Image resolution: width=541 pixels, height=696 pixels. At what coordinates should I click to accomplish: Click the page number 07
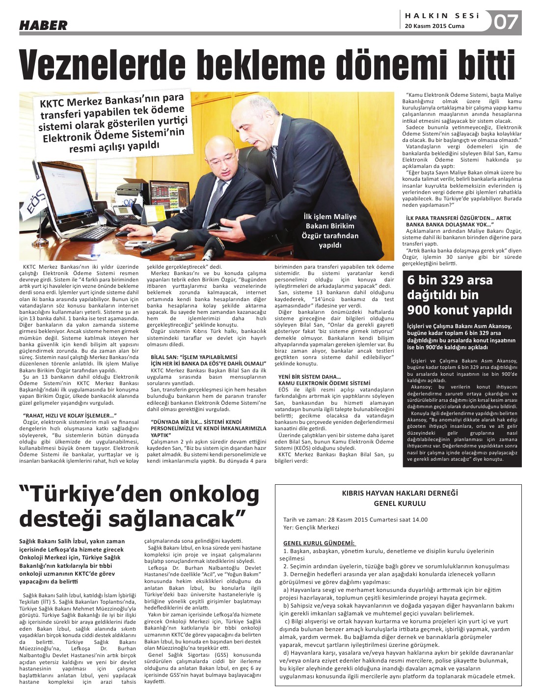click(x=506, y=22)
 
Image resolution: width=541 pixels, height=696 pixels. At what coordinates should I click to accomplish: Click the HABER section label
click(x=43, y=25)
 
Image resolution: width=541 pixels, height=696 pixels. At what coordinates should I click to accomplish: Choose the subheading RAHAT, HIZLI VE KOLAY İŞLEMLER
click(x=69, y=416)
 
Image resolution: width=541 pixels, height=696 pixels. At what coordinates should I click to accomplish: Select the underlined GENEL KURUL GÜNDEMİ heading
click(x=319, y=543)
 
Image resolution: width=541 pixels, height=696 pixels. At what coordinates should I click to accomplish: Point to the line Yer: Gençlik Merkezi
click(x=311, y=528)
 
